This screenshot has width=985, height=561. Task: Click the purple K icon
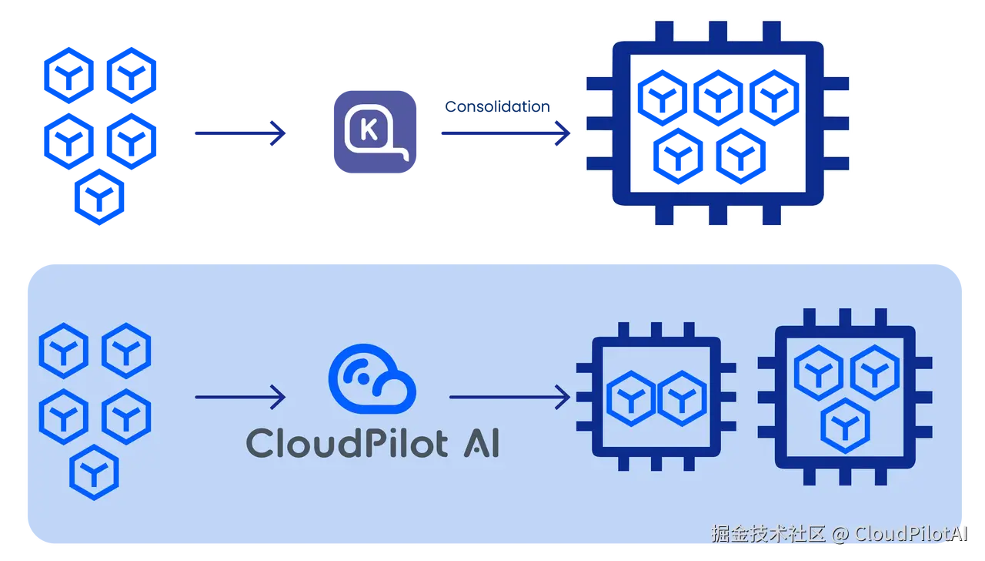372,132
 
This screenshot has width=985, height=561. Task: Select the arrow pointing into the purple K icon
239,134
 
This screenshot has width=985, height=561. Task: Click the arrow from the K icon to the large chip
504,134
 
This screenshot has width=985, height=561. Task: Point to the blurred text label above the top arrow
497,106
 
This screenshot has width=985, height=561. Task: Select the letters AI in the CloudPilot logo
481,443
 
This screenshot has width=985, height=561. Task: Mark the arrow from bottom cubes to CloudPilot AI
240,397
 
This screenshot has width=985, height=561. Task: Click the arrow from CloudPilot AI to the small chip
509,397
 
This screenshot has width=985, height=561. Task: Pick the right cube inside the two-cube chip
681,398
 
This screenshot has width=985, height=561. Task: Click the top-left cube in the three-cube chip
820,370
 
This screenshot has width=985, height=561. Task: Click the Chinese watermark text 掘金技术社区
768,533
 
